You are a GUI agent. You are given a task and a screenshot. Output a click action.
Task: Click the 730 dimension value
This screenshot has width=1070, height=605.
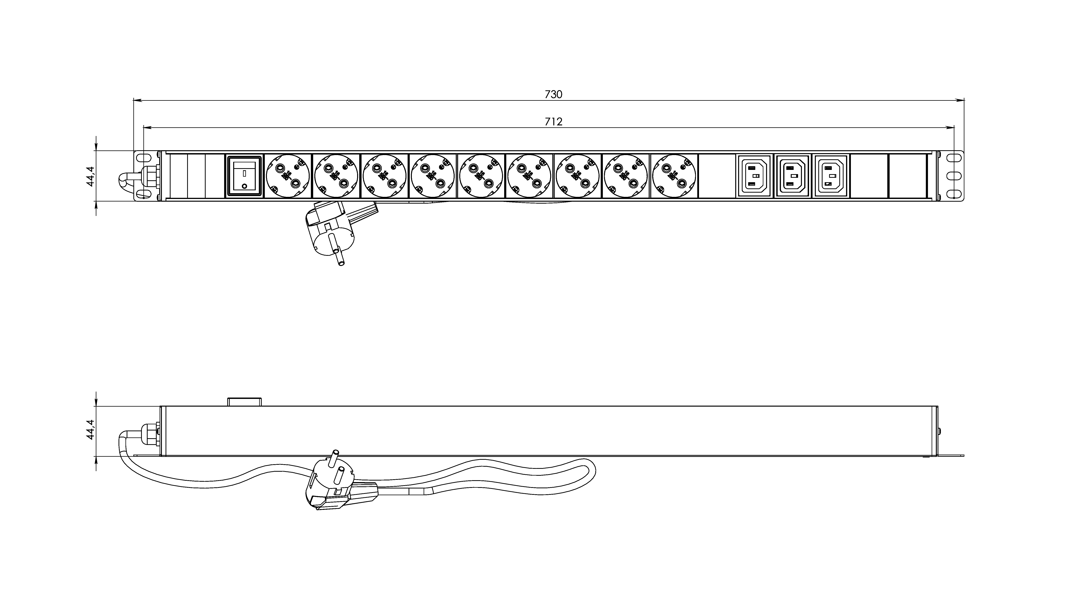[553, 95]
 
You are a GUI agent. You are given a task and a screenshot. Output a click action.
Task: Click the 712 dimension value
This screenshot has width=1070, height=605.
[553, 122]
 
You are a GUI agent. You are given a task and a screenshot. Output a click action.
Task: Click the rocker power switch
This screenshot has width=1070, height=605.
[244, 176]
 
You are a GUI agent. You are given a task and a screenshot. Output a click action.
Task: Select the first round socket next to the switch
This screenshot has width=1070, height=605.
[288, 176]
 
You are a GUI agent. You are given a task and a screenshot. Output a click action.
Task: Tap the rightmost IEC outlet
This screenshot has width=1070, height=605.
[830, 176]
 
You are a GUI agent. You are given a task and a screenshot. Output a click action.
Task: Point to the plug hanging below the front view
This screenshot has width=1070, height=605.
[333, 233]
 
